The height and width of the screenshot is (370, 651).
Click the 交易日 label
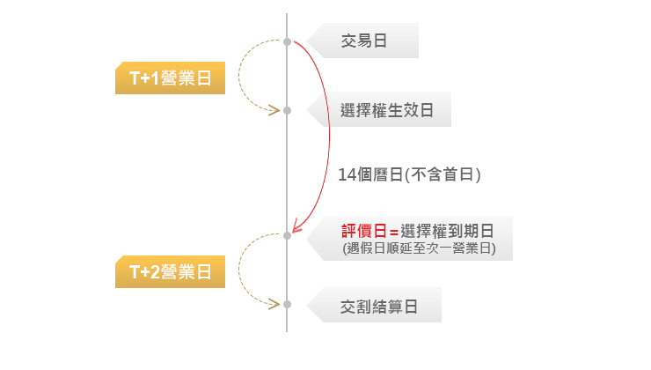[x=364, y=41]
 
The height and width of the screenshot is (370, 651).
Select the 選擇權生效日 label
[x=387, y=110]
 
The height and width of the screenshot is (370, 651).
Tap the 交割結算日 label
[x=378, y=307]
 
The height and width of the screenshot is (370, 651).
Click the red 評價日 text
[x=363, y=231]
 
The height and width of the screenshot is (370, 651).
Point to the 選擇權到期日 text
[x=447, y=231]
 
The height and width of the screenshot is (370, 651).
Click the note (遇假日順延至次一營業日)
[x=420, y=248]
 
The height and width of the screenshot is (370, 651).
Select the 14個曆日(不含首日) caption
[x=409, y=174]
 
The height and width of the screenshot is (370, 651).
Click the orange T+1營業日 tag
[x=170, y=78]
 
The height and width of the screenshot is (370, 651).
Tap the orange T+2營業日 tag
[x=170, y=272]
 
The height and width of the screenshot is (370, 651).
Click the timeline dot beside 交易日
[x=287, y=41]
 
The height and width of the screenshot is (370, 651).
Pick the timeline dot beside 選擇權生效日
[x=287, y=111]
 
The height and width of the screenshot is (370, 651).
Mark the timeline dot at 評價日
[x=287, y=236]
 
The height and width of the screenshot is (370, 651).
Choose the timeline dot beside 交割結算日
[x=287, y=304]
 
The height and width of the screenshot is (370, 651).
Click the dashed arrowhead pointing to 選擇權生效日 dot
[x=274, y=110]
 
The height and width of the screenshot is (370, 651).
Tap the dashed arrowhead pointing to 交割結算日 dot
[x=274, y=304]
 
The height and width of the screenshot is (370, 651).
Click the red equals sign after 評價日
[x=393, y=232]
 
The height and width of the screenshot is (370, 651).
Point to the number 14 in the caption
[x=347, y=175]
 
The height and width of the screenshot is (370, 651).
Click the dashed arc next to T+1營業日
[x=238, y=76]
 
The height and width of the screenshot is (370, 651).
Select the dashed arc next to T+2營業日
[x=238, y=270]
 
